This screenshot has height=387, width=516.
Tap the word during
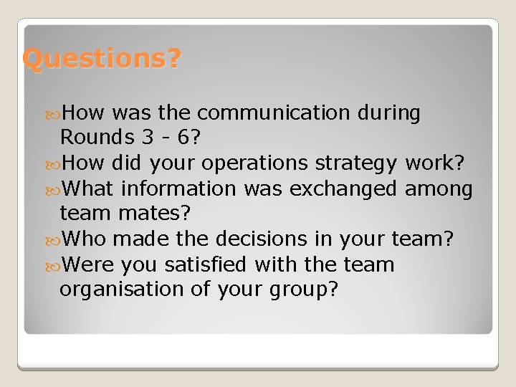tap(386, 113)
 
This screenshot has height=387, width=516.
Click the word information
tap(178, 188)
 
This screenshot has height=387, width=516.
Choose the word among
tap(439, 190)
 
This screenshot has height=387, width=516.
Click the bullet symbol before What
tap(54, 190)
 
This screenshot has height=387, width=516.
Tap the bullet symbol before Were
tap(54, 265)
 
